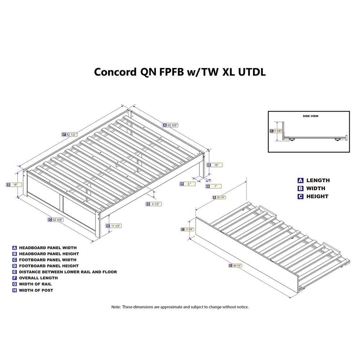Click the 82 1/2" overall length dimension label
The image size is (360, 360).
[x=70, y=135]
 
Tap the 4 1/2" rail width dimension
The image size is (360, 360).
[x=154, y=204]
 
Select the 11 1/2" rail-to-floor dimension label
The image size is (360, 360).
[x=113, y=226]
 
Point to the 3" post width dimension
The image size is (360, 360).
[x=187, y=184]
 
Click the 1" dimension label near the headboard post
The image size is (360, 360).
[x=213, y=186]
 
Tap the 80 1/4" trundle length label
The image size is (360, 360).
[x=235, y=266]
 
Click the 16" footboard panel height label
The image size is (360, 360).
[x=14, y=185]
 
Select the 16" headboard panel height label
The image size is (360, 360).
[x=215, y=165]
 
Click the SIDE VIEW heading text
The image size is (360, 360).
[x=310, y=116]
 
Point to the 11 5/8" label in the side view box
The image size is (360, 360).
[x=276, y=131]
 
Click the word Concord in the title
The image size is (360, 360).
[x=115, y=72]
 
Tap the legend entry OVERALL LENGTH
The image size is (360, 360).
[x=39, y=278]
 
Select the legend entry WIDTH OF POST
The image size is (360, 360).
[x=36, y=291]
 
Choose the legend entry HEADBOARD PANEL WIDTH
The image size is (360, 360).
[x=48, y=248]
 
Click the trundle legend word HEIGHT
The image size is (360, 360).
[x=317, y=197]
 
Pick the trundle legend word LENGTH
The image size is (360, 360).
[x=318, y=180]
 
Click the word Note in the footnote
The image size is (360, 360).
[x=116, y=307]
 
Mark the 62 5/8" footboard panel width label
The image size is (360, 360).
[x=55, y=220]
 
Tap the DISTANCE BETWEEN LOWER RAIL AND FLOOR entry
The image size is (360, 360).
[x=68, y=272]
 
